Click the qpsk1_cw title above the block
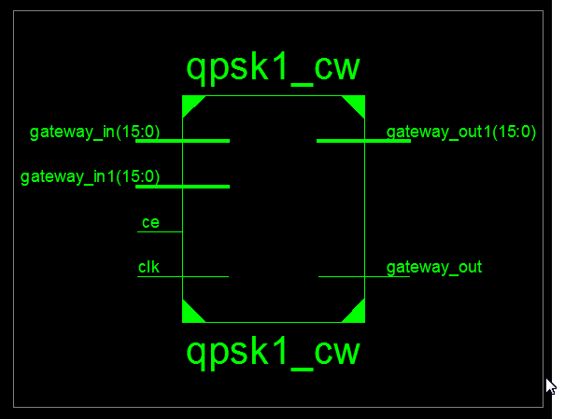[x=273, y=69]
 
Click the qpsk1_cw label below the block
[x=273, y=353]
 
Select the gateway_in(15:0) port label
[x=94, y=132]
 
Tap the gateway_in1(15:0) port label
[x=90, y=176]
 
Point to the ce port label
[x=149, y=222]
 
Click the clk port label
[x=148, y=267]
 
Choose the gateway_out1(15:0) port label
[x=461, y=132]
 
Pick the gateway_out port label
[x=434, y=267]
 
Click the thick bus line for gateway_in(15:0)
[x=182, y=141]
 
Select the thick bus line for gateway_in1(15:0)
[x=182, y=187]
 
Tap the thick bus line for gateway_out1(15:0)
[x=363, y=141]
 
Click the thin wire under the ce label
[x=159, y=231]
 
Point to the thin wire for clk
[x=182, y=276]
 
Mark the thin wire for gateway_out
[x=363, y=276]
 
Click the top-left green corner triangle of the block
[x=190, y=103]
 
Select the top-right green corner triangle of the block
[x=357, y=103]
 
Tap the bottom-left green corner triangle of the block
[x=190, y=314]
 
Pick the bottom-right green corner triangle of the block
[x=357, y=314]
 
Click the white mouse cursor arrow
[x=551, y=386]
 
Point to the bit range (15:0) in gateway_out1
[x=513, y=132]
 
